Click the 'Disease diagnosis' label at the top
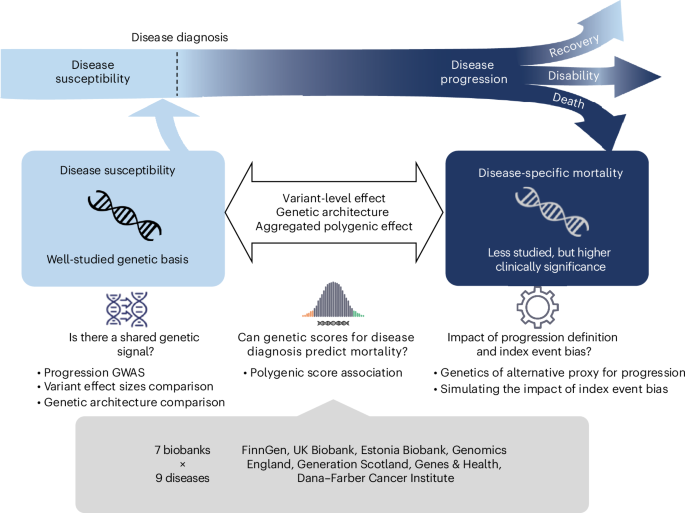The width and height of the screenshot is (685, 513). pyautogui.click(x=180, y=37)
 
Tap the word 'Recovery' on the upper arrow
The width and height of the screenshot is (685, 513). pyautogui.click(x=581, y=47)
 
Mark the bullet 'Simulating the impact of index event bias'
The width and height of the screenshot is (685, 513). pyautogui.click(x=552, y=387)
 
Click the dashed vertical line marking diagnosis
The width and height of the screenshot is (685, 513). pyautogui.click(x=179, y=72)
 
